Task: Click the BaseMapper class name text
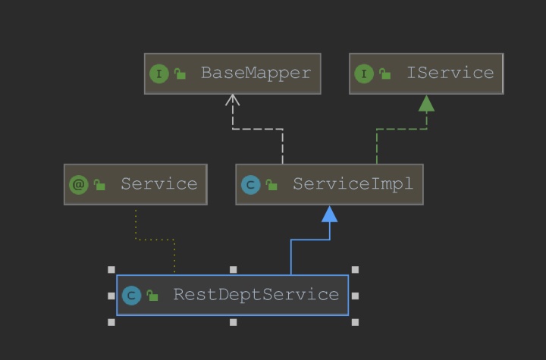point(256,74)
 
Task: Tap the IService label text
point(450,74)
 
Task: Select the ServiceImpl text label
point(353,184)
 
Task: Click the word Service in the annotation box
point(158,184)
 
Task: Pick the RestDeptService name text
point(256,295)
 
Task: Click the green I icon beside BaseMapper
point(158,74)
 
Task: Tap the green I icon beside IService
point(363,74)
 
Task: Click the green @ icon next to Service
point(79,184)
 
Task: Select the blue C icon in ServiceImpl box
point(250,184)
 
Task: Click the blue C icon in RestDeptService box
point(132,295)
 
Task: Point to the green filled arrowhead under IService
point(426,103)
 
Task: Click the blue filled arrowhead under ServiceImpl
point(329,214)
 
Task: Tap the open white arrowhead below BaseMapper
point(233,100)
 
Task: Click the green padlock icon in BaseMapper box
point(180,74)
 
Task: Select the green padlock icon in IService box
point(385,74)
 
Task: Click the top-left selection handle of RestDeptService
point(111,269)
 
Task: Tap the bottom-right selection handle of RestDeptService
point(355,322)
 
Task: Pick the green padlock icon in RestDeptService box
point(152,295)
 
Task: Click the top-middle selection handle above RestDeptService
point(233,269)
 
